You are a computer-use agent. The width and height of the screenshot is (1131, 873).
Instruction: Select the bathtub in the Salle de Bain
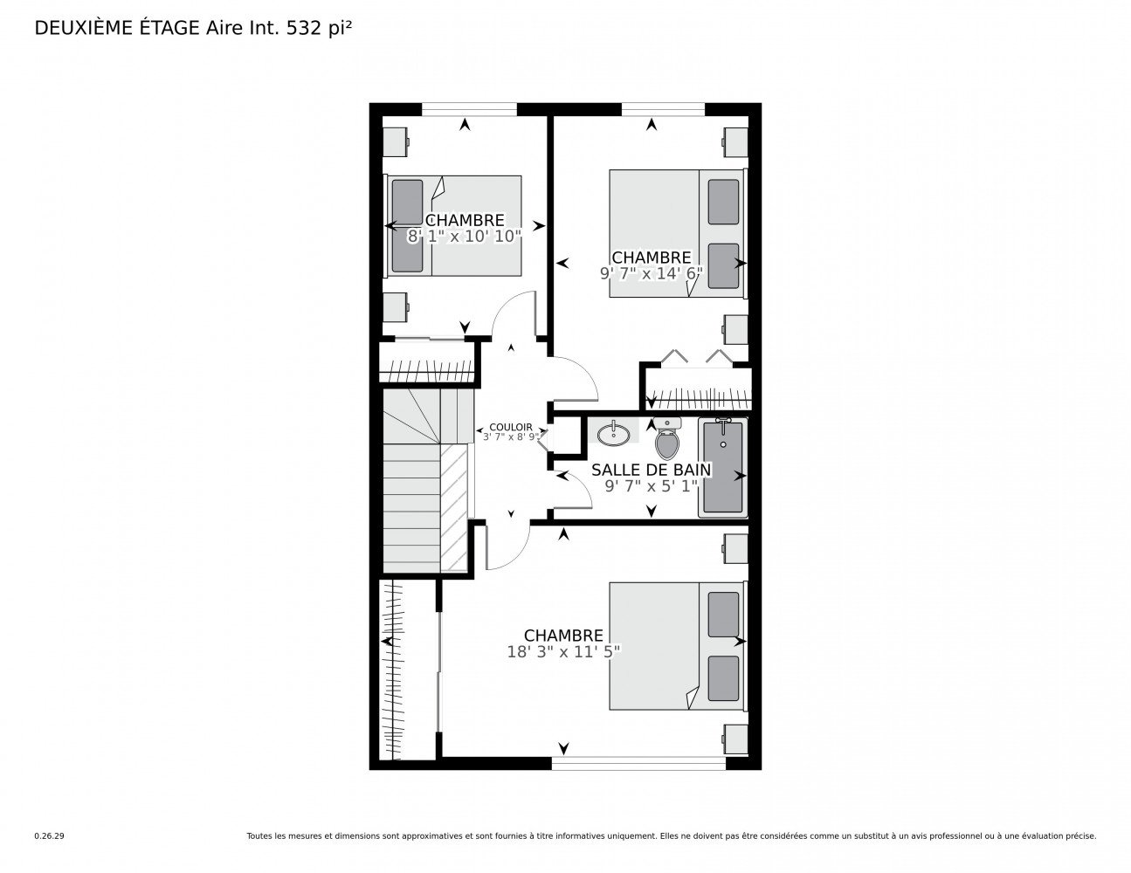[x=722, y=467]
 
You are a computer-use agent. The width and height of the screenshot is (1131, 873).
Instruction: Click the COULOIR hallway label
[x=511, y=427]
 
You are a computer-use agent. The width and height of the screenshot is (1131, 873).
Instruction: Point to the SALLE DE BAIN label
[x=651, y=470]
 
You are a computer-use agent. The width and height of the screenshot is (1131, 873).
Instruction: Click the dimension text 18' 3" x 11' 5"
[x=563, y=651]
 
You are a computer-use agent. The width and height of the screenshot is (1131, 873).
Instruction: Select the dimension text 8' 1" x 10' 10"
[x=464, y=237]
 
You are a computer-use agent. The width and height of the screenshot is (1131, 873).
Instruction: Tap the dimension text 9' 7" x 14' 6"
[x=652, y=273]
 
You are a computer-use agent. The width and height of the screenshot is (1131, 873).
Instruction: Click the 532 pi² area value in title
[x=319, y=29]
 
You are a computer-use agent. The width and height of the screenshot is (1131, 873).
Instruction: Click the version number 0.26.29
[x=50, y=836]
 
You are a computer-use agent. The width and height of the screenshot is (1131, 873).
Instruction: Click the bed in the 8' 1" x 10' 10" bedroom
[x=453, y=225]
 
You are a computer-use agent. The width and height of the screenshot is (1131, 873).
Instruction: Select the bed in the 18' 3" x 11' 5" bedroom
[x=679, y=645]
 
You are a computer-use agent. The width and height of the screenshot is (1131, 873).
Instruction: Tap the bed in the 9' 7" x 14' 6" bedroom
[x=679, y=233]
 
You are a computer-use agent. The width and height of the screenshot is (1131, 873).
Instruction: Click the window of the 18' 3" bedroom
[x=638, y=763]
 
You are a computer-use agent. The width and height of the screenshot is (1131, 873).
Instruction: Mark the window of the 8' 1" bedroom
[x=469, y=109]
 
